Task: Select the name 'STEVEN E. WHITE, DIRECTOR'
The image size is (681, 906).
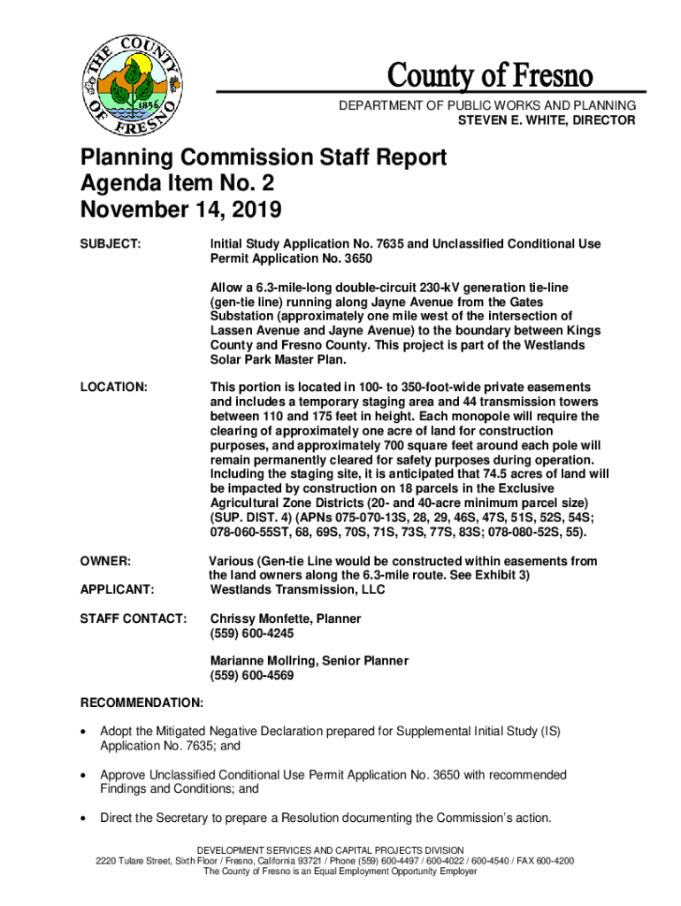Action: (546, 119)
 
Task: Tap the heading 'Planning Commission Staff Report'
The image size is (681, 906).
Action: (264, 158)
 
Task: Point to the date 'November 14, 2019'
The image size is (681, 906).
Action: (181, 211)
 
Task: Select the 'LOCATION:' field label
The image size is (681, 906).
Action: (114, 388)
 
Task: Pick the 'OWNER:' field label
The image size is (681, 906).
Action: (106, 561)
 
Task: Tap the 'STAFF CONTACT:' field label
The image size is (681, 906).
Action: (134, 618)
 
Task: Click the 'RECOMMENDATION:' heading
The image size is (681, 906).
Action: (142, 703)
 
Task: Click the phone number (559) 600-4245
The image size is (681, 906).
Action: (252, 633)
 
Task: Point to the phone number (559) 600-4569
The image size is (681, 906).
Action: (252, 676)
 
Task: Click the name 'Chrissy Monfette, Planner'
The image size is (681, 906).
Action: (286, 618)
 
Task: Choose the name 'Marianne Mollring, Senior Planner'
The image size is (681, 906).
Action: (310, 661)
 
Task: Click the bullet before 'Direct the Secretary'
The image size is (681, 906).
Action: (84, 818)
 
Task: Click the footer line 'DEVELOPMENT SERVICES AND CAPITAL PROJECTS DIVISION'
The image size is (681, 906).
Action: (340, 849)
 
